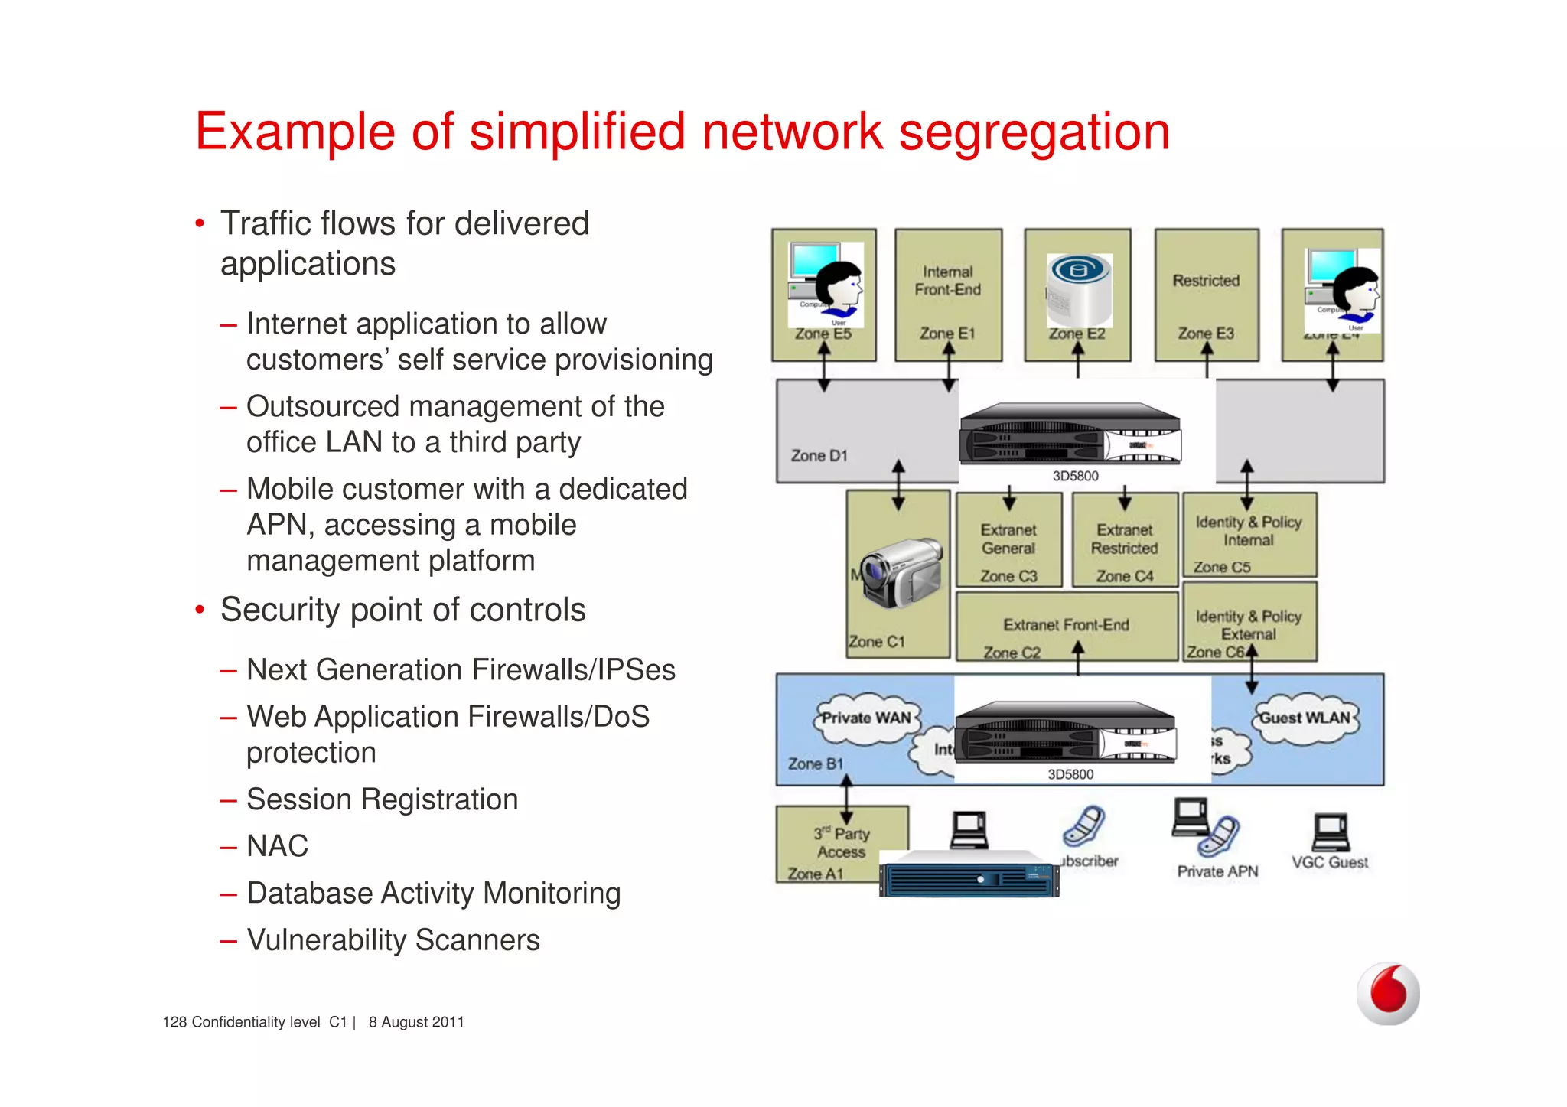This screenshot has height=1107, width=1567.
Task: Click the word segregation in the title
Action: click(x=1034, y=132)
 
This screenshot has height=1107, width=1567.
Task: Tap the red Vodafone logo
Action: click(x=1388, y=993)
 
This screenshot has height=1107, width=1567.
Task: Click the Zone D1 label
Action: click(x=819, y=456)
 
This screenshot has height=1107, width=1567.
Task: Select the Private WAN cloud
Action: click(x=865, y=718)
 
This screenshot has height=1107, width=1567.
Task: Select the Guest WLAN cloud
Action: click(x=1305, y=718)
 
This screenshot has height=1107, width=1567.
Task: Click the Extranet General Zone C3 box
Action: click(x=1008, y=540)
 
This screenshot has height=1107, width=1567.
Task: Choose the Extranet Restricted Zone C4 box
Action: click(x=1124, y=540)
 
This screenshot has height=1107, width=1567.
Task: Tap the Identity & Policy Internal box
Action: click(x=1249, y=534)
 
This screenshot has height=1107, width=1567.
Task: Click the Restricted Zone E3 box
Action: click(x=1206, y=295)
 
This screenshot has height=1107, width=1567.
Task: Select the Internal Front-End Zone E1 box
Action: click(x=947, y=295)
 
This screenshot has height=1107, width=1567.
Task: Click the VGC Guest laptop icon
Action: click(x=1330, y=832)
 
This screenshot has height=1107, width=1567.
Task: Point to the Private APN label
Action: click(x=1217, y=872)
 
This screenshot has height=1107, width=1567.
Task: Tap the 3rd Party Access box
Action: click(x=841, y=843)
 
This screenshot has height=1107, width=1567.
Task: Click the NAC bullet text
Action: click(x=277, y=846)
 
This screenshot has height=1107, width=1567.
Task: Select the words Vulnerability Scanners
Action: click(x=393, y=940)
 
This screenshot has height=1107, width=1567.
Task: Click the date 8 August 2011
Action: click(x=416, y=1023)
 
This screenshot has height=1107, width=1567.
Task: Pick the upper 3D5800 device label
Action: click(x=1075, y=476)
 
